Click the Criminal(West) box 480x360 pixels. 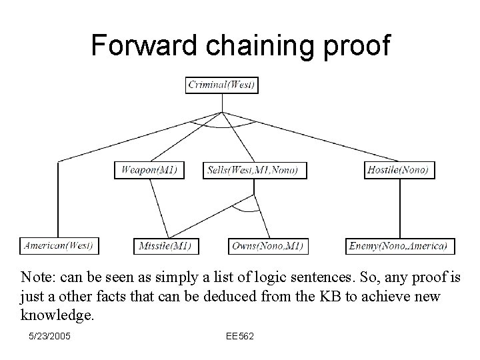pos(222,85)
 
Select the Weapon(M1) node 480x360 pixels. pos(149,170)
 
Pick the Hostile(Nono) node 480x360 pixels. pos(398,170)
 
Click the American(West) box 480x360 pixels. pos(59,246)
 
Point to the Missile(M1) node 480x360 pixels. pos(165,246)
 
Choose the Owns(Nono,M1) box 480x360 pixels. pos(267,246)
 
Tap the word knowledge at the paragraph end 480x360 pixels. pos(57,314)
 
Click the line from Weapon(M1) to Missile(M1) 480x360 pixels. pos(157,208)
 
